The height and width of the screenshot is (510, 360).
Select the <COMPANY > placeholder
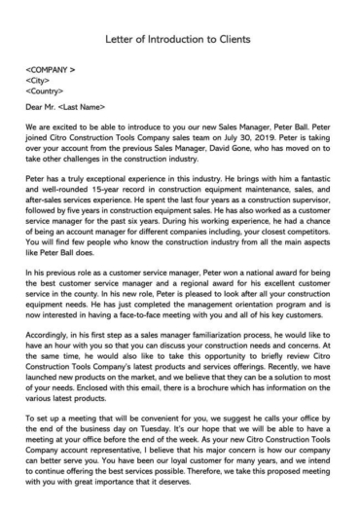[54, 71]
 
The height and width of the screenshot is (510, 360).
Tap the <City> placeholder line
[40, 82]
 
